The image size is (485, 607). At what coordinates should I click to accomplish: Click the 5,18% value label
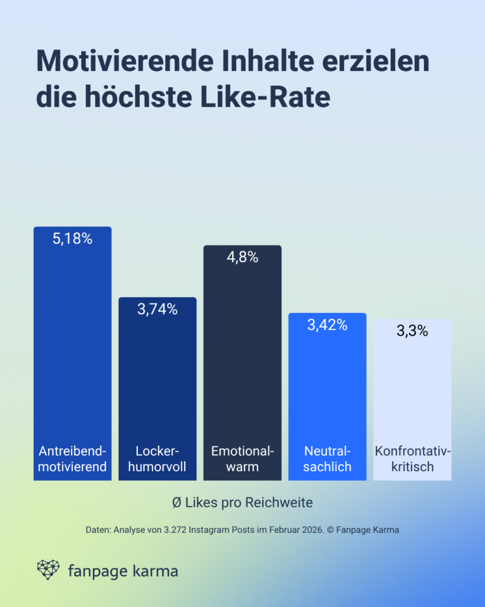[x=72, y=239]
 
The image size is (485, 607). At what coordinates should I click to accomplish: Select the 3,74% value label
[x=158, y=309]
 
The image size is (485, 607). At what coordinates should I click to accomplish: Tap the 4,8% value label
[x=242, y=257]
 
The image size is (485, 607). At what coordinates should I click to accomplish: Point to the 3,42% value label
[x=327, y=325]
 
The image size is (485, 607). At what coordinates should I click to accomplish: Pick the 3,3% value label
[x=412, y=331]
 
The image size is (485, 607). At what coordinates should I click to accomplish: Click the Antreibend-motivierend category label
[x=72, y=458]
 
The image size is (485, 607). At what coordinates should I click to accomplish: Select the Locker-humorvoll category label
[x=158, y=458]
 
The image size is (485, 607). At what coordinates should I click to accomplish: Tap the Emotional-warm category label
[x=242, y=458]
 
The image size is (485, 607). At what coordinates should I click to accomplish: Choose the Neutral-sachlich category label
[x=327, y=458]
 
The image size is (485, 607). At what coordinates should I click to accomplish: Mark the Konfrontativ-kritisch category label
[x=412, y=458]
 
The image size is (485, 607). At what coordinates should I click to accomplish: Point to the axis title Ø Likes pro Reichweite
[x=242, y=502]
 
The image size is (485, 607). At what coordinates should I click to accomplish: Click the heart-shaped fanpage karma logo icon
[x=49, y=570]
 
